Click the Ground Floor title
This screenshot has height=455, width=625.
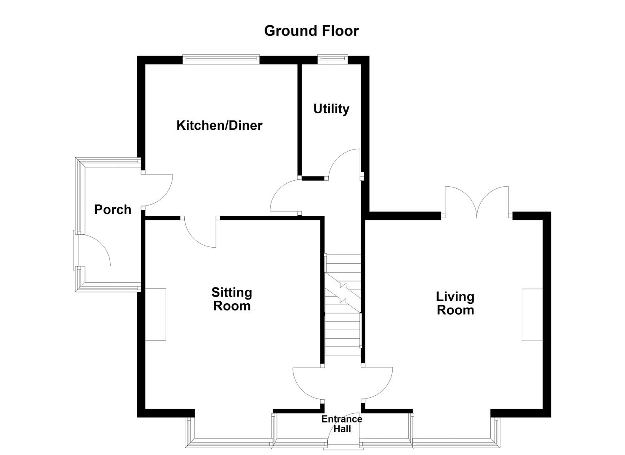(311, 31)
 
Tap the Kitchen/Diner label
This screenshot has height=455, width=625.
(219, 125)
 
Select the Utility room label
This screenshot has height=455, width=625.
(331, 109)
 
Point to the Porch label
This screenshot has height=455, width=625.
(112, 209)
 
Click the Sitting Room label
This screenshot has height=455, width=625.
(231, 299)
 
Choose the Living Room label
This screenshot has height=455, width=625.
(455, 303)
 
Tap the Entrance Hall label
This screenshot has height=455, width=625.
(341, 424)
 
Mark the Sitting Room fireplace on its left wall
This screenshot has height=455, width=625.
(156, 314)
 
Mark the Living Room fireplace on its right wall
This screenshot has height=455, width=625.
(532, 314)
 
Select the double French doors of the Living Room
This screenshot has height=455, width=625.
(477, 202)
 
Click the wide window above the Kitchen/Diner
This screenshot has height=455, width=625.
(221, 59)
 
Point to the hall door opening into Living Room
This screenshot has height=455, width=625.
(378, 383)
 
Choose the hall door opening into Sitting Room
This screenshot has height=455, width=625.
(308, 383)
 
